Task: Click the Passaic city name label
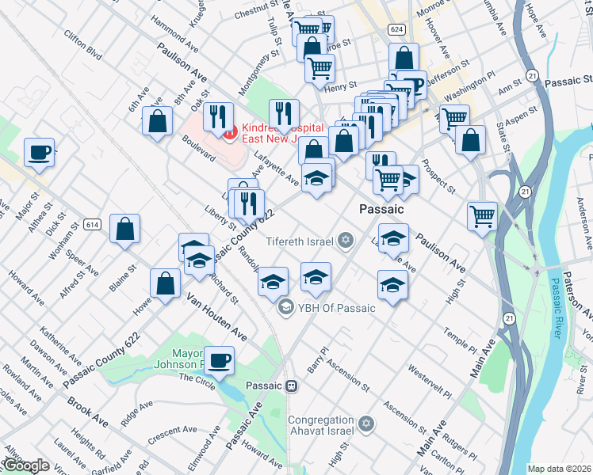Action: pyautogui.click(x=381, y=210)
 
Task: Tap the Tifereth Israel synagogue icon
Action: pyautogui.click(x=345, y=240)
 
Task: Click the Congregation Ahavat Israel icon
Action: pyautogui.click(x=365, y=425)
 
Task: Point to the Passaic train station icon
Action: pyautogui.click(x=292, y=386)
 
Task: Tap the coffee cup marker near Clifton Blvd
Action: pyautogui.click(x=39, y=152)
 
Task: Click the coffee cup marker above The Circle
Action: pyautogui.click(x=219, y=359)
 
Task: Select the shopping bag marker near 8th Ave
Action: pyautogui.click(x=158, y=121)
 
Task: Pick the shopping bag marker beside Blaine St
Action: pyautogui.click(x=124, y=228)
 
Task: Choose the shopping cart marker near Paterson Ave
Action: pyautogui.click(x=482, y=215)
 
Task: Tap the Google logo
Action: pyautogui.click(x=26, y=465)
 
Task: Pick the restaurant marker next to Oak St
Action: pyautogui.click(x=217, y=116)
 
